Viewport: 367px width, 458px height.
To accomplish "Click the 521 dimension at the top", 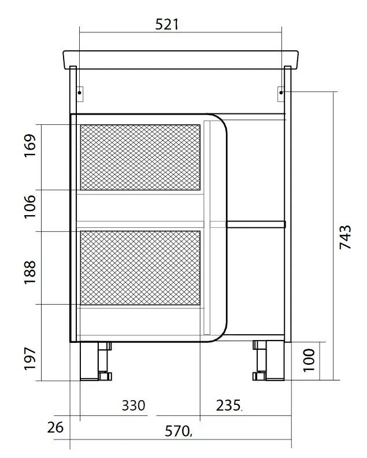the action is tap(166, 24).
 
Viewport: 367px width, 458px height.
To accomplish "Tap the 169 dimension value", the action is tap(30, 146).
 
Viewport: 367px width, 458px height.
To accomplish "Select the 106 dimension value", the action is tap(30, 206).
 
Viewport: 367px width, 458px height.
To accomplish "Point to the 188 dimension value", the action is tap(30, 272).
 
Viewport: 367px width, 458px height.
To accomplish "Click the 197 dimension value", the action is tap(30, 359).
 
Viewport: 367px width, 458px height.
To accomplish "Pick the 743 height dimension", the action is tap(346, 237).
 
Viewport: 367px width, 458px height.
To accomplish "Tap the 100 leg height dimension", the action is tap(309, 360).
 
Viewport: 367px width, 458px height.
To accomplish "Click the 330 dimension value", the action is tap(134, 405).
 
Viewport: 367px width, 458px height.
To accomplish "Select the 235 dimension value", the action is tap(228, 405).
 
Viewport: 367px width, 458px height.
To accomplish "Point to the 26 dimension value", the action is tap(55, 428).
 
